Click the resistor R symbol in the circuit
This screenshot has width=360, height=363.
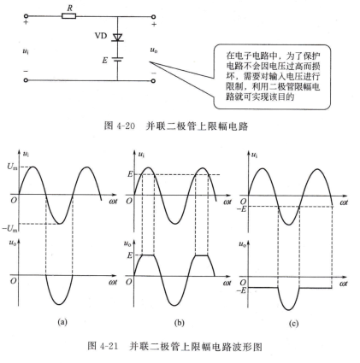click(x=68, y=16)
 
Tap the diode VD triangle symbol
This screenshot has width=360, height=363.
click(x=117, y=38)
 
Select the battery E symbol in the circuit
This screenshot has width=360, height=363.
click(x=117, y=60)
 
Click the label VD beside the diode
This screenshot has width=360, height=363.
click(x=101, y=36)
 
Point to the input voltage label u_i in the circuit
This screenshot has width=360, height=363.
click(x=26, y=51)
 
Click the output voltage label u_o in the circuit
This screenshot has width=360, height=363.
click(x=154, y=50)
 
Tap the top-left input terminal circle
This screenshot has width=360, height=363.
click(x=26, y=16)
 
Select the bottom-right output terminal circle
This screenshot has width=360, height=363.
click(x=153, y=80)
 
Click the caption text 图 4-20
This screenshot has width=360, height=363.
click(x=119, y=126)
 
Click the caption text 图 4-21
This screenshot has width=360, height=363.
click(x=103, y=346)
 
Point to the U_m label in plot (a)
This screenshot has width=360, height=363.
click(x=12, y=167)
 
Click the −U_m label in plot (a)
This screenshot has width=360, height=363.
click(x=10, y=228)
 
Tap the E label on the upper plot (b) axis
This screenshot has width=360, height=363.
click(x=130, y=174)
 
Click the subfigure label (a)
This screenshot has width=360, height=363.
click(x=62, y=322)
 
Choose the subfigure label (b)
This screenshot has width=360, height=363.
click(x=179, y=323)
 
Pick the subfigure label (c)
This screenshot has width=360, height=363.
click(x=293, y=324)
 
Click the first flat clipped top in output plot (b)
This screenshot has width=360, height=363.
click(x=148, y=255)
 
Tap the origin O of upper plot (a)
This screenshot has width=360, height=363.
click(x=14, y=200)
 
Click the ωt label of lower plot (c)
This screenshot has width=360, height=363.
click(x=344, y=284)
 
